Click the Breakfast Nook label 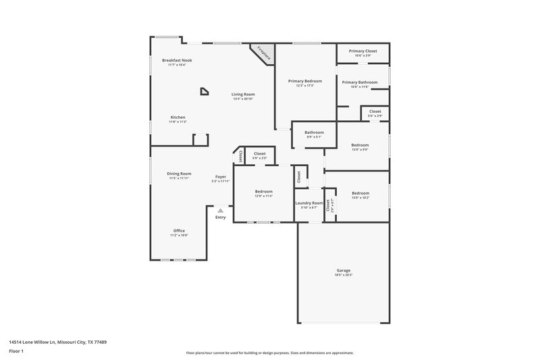177,60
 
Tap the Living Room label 243,95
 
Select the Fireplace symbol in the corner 263,54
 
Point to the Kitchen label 178,117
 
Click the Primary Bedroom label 305,81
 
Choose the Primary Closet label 362,51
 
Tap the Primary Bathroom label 364,82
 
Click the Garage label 344,270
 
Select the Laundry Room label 309,203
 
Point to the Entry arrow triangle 220,211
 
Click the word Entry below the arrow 221,217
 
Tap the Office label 179,230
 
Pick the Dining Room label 179,174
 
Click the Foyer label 221,177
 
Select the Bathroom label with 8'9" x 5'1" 314,132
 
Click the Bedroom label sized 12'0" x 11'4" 263,191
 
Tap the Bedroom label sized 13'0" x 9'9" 360,145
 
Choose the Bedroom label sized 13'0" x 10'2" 360,192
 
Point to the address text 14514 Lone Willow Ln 57,342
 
